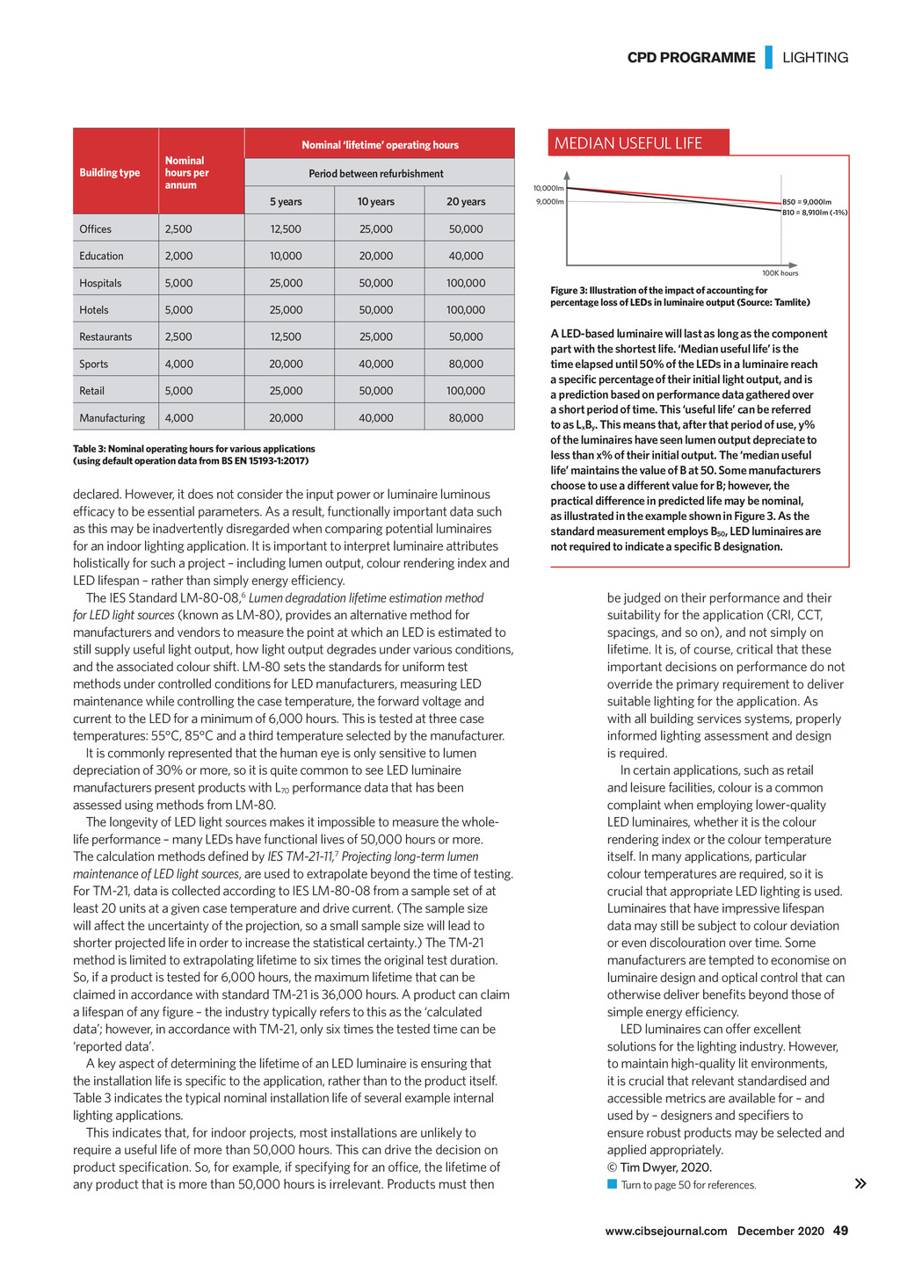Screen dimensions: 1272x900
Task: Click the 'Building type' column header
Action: pyautogui.click(x=110, y=173)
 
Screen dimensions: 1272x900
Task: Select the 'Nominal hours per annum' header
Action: pyautogui.click(x=186, y=173)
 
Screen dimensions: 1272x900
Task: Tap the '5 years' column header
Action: pyautogui.click(x=286, y=201)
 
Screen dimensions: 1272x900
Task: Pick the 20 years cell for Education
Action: pyautogui.click(x=466, y=256)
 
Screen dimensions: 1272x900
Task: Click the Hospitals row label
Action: pyautogui.click(x=100, y=283)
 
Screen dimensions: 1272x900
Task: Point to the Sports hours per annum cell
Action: pyautogui.click(x=178, y=364)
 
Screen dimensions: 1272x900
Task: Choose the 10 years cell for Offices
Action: pyautogui.click(x=376, y=229)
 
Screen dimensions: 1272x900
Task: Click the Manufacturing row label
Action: pyautogui.click(x=112, y=418)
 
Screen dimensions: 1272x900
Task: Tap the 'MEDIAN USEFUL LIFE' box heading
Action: pyautogui.click(x=628, y=143)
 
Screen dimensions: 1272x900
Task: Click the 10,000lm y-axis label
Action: pyautogui.click(x=548, y=188)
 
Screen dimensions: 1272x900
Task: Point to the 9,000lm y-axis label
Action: pyautogui.click(x=550, y=202)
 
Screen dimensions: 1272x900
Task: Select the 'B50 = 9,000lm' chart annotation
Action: pyautogui.click(x=807, y=202)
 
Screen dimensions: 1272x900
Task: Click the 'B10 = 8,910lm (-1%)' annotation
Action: pyautogui.click(x=814, y=213)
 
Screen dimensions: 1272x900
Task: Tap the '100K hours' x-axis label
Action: pyautogui.click(x=780, y=273)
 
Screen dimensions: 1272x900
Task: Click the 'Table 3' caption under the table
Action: pyautogui.click(x=193, y=454)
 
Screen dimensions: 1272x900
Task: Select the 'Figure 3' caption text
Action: pyautogui.click(x=679, y=296)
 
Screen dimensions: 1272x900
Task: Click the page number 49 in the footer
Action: pyautogui.click(x=841, y=1231)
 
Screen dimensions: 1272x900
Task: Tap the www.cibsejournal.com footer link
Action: pyautogui.click(x=666, y=1231)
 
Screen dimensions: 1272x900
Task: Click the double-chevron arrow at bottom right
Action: pyautogui.click(x=860, y=1184)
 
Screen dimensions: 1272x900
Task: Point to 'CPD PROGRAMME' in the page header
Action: pyautogui.click(x=691, y=57)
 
